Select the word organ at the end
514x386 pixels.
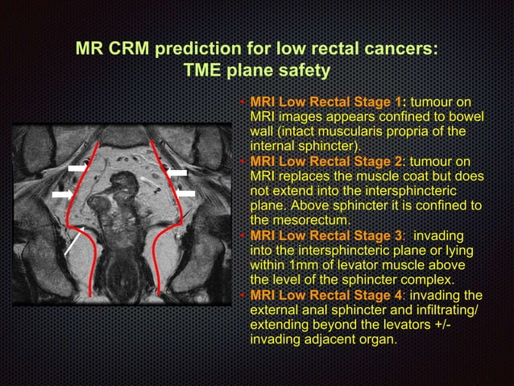pyautogui.click(x=378, y=339)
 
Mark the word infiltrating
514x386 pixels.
pyautogui.click(x=437, y=309)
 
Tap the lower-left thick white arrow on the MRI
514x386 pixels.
pyautogui.click(x=62, y=195)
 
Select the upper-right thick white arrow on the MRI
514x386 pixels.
pyautogui.click(x=177, y=172)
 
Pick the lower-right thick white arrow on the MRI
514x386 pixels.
pyautogui.click(x=185, y=194)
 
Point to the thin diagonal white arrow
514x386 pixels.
pyautogui.click(x=73, y=241)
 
